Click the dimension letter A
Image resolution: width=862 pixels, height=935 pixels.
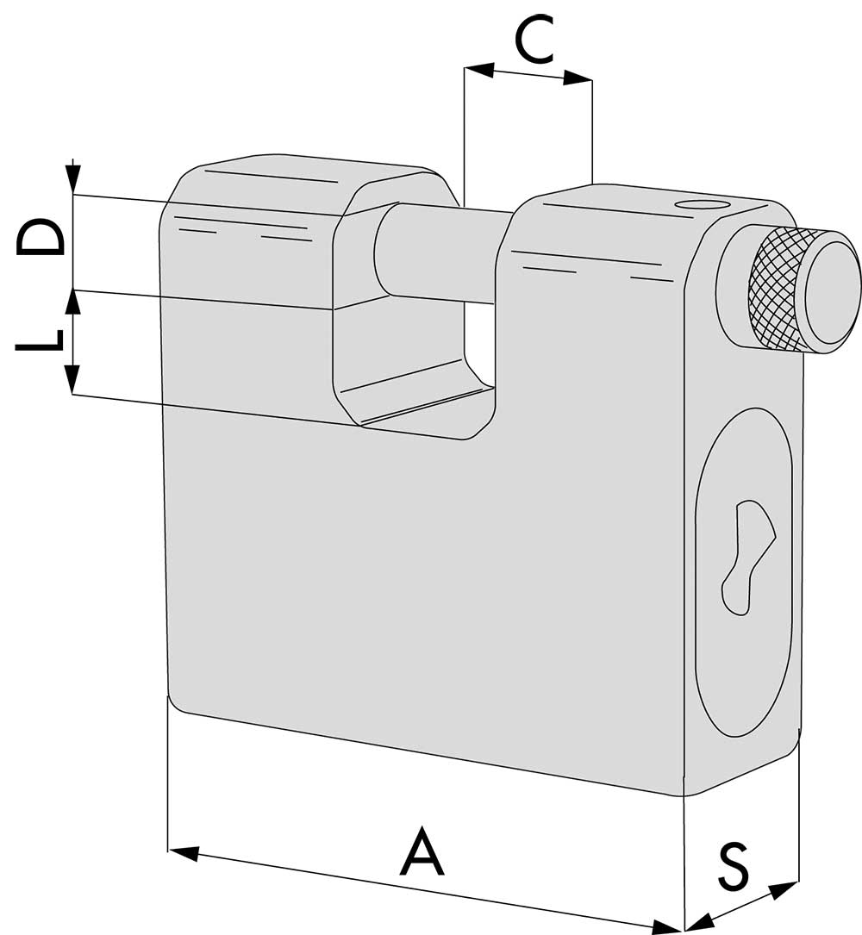click(x=423, y=851)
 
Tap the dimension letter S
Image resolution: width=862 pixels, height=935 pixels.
click(x=734, y=864)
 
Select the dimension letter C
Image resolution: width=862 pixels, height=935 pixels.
click(x=535, y=40)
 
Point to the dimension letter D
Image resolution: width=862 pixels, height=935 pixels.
click(x=40, y=237)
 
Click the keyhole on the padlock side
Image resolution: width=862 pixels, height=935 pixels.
click(x=746, y=557)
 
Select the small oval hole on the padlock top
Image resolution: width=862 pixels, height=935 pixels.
click(x=701, y=204)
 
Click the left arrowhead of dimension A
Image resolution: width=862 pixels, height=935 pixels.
click(x=183, y=851)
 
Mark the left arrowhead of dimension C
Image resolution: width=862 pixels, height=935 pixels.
click(x=479, y=70)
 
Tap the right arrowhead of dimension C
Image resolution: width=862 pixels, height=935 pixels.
click(x=578, y=78)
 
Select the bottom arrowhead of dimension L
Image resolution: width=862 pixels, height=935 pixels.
click(x=72, y=379)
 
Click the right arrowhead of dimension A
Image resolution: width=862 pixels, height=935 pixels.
click(x=669, y=928)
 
